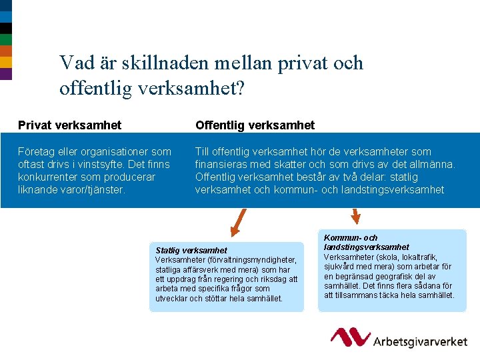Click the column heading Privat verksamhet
pyautogui.click(x=69, y=125)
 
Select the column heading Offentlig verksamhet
pyautogui.click(x=255, y=125)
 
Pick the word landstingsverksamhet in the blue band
pyautogui.click(x=393, y=189)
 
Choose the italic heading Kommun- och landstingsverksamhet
pyautogui.click(x=367, y=242)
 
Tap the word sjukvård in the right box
pyautogui.click(x=341, y=267)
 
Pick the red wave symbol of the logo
pyautogui.click(x=351, y=336)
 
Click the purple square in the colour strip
pyautogui.click(x=6, y=73)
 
